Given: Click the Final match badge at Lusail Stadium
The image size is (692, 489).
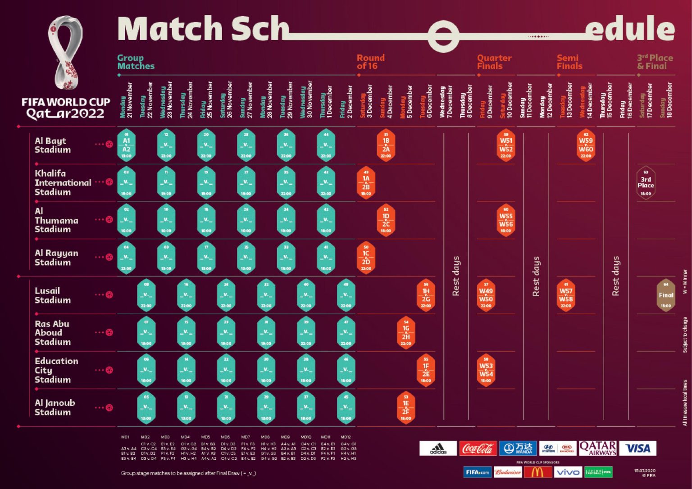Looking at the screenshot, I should pos(666,295).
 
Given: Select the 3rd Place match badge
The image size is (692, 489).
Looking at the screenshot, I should pos(646,182).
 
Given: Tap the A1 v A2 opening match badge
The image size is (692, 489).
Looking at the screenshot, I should pos(127,145).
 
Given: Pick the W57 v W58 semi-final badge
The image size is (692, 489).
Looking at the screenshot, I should pos(566,295).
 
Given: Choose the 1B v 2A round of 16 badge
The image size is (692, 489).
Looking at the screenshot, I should pos(386,145).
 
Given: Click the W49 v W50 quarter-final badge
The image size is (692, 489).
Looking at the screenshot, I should pos(486,295).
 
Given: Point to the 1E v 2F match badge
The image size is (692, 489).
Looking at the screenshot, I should pos(406,408).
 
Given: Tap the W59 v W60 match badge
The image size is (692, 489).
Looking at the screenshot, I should pos(586,145).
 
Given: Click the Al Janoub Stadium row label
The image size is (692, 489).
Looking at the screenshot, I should pos(55,407).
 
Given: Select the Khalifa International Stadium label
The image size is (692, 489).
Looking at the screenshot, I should pos(63,182).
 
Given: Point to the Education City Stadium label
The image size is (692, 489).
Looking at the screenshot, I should pos(56,370).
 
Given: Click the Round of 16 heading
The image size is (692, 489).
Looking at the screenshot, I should pos(370,62).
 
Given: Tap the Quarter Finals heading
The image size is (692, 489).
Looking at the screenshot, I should pos(494,62).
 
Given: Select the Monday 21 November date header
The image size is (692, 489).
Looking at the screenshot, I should pos(127,100).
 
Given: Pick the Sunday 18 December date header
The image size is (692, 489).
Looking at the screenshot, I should pos(666,100).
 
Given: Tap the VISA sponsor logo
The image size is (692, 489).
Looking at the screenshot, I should pos(637,448).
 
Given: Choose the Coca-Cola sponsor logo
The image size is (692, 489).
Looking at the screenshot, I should pos(478,448).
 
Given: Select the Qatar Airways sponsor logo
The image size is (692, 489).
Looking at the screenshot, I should pos(597,448).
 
